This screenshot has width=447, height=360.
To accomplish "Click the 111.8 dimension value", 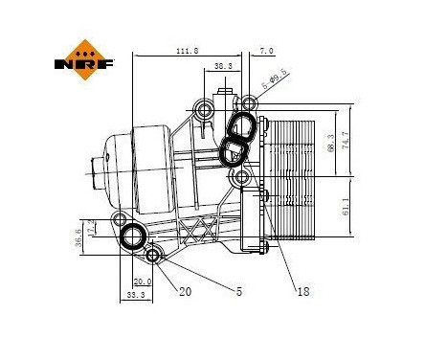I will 188,51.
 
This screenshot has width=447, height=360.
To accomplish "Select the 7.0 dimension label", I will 266,51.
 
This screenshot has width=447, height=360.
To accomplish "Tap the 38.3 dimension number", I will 222,66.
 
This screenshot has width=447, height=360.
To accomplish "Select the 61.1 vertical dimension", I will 346,206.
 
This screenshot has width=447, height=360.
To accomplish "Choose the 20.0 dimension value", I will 142,281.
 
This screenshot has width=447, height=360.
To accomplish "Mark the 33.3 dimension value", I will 135,296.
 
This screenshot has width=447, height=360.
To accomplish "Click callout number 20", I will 184,292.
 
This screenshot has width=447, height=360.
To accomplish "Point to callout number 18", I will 302,292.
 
